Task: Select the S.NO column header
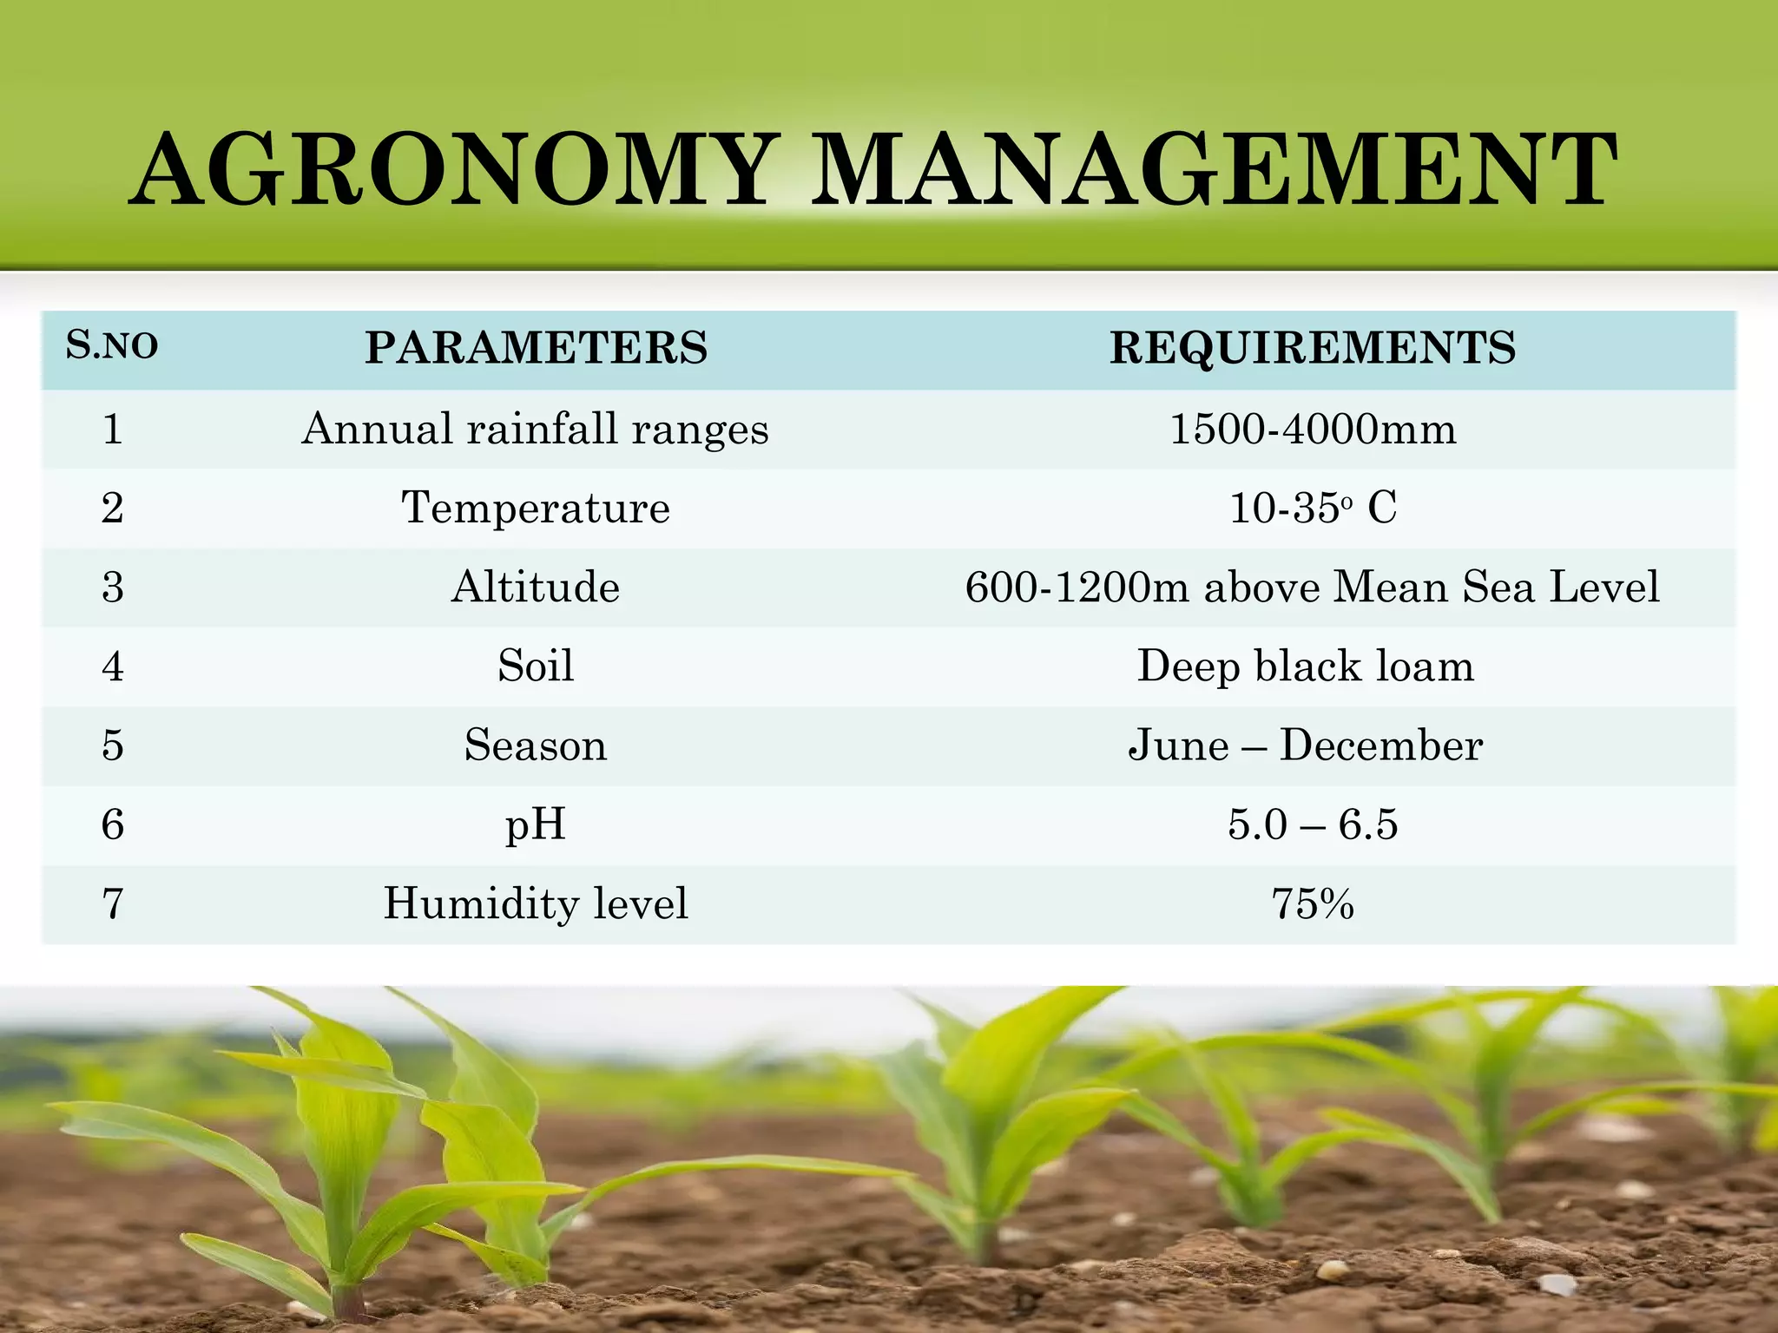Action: pos(112,345)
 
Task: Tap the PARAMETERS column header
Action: pos(536,347)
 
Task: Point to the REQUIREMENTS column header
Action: pos(1313,347)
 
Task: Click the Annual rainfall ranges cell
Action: pos(535,429)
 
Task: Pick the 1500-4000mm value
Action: pos(1313,429)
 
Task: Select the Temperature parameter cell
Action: pos(535,508)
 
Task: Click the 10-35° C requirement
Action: pos(1313,508)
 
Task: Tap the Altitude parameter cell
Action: pos(535,587)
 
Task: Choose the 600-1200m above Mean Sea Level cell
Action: pos(1312,587)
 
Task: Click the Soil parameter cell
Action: pos(535,666)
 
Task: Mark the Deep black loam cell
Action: pos(1306,666)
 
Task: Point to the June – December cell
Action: pos(1305,745)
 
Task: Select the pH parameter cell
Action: pos(535,824)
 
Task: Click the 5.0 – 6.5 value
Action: pos(1313,824)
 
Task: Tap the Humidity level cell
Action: pos(535,903)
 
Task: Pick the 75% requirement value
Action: pos(1313,903)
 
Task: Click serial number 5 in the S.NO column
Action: pos(113,745)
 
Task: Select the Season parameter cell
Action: pos(535,745)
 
